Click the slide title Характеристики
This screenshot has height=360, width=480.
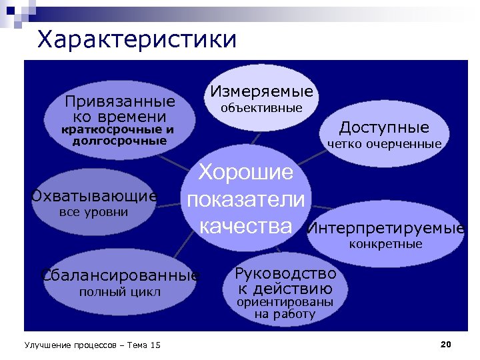point(137,39)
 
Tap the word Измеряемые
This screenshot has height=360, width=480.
point(261,91)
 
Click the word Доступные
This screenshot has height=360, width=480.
point(384,127)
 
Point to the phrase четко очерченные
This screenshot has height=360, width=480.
point(384,144)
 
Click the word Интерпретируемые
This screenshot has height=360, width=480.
point(386,229)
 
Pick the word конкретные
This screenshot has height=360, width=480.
point(386,244)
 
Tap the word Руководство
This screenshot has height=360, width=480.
point(285,273)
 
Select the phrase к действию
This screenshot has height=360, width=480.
point(285,289)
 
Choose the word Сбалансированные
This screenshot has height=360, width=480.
point(120,275)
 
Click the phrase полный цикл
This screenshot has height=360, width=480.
point(120,292)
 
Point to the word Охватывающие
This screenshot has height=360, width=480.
point(94,196)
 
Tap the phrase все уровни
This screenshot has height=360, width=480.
point(93,212)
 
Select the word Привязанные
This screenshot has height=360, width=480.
point(119,102)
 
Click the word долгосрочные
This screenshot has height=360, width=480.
point(119,141)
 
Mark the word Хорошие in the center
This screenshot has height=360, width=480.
point(246,173)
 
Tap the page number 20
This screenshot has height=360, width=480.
point(446,344)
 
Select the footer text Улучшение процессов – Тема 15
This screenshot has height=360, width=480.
point(92,345)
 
